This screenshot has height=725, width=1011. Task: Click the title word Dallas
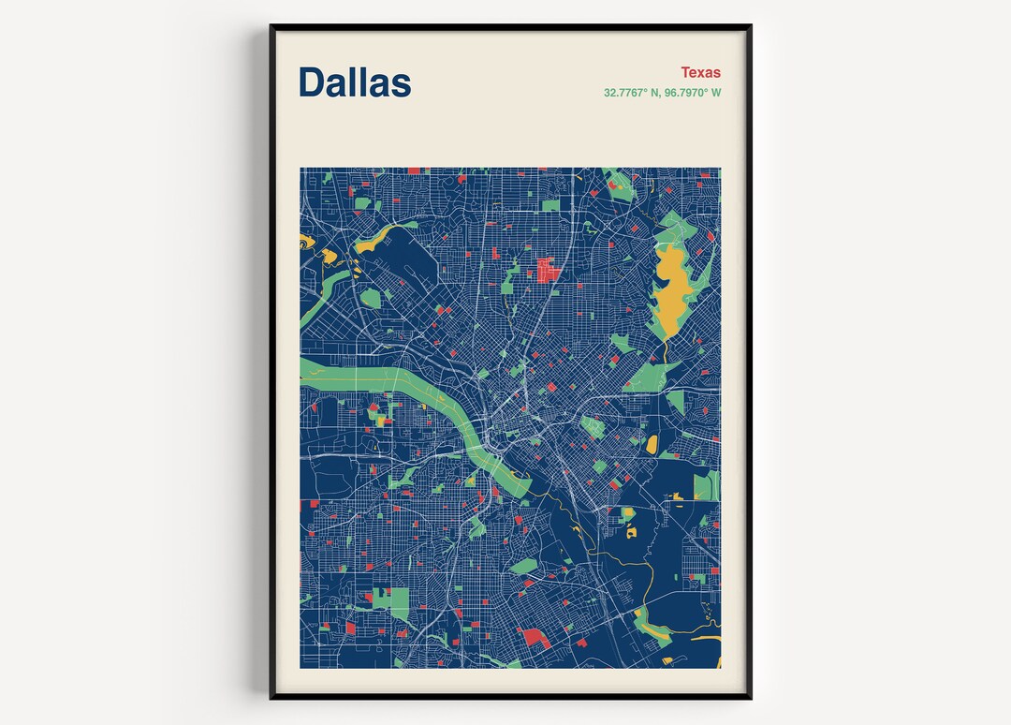tap(355, 82)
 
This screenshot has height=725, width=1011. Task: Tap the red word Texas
tap(700, 72)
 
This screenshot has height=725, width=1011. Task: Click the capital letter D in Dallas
tap(313, 82)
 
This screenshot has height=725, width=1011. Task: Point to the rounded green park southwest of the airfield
tap(371, 298)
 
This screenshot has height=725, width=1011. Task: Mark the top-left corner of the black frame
tap(271, 26)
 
